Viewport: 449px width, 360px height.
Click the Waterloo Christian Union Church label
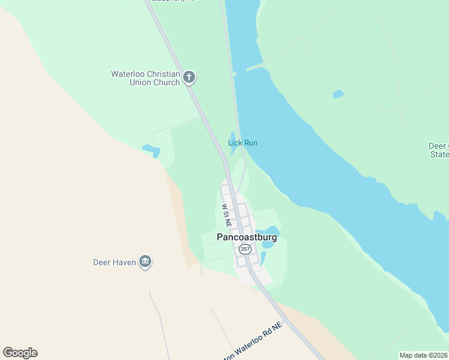[145, 78]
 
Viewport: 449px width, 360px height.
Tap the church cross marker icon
[189, 77]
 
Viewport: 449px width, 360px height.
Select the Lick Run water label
[243, 143]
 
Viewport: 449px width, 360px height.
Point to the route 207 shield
[244, 248]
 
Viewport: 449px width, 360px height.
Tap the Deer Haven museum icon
[145, 262]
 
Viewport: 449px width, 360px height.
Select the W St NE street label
[226, 214]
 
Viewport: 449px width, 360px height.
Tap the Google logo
[20, 353]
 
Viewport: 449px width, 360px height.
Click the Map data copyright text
[424, 355]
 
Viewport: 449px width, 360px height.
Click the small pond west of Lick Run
[151, 149]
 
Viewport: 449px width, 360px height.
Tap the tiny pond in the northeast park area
[338, 94]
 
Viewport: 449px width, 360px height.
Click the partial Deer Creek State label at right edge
[439, 150]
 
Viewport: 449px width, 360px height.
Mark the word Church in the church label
[166, 82]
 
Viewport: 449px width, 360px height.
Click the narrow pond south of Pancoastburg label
[263, 259]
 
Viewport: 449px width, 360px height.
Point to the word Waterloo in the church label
[128, 74]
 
